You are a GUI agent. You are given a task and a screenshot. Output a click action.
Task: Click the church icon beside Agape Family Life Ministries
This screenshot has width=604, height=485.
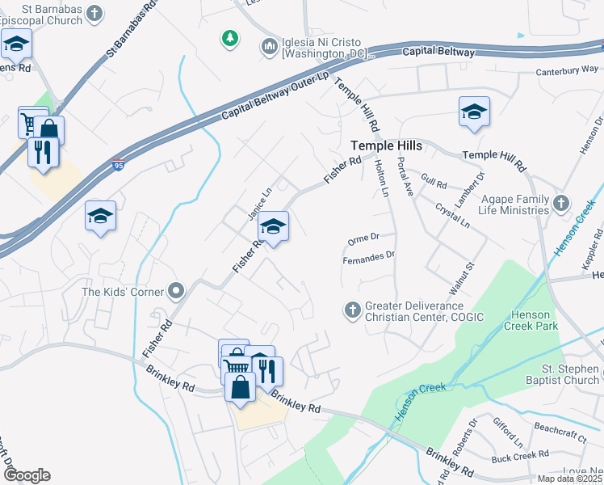tap(561, 201)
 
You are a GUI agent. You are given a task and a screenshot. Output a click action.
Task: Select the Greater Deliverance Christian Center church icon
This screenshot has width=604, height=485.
tap(352, 310)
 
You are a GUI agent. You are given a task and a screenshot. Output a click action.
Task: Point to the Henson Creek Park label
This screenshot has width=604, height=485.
tap(535, 320)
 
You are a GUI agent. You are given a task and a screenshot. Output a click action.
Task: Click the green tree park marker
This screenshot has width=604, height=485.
tap(230, 38)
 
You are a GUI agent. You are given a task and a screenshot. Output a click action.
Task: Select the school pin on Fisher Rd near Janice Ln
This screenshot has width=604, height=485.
tap(274, 227)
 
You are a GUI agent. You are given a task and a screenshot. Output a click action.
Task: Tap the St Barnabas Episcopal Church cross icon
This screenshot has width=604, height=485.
tap(94, 14)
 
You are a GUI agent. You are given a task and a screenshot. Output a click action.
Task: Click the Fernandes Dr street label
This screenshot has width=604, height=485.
tap(369, 255)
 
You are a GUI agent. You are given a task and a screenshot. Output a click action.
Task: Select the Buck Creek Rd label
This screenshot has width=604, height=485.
tap(520, 457)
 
